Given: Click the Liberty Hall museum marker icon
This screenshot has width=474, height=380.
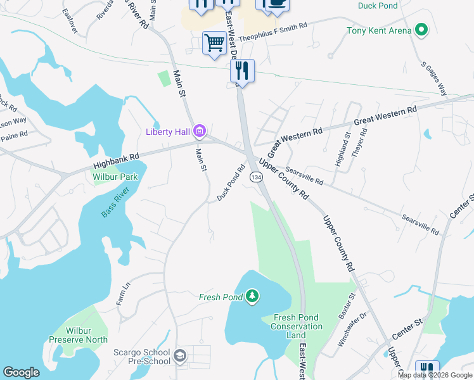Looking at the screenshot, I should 200,132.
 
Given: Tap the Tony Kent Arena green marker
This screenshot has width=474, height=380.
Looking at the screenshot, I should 420,30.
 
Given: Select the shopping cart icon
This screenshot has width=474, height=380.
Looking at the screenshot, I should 214,44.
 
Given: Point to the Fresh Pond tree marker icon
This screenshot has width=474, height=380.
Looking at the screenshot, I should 253,296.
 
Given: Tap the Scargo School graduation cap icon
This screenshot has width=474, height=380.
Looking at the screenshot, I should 180,357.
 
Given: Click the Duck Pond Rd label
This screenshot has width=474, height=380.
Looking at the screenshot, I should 231,184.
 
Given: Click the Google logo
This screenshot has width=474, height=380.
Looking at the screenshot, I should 21,372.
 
